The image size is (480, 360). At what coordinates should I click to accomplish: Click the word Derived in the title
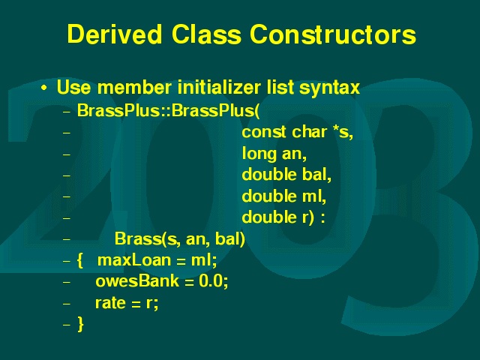(114, 34)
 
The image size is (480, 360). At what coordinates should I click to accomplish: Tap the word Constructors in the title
(333, 34)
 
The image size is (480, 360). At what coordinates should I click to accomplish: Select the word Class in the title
(206, 34)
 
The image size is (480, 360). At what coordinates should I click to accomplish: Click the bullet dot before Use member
(44, 88)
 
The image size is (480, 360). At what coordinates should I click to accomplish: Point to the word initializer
(220, 87)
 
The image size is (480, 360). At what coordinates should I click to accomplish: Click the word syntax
(329, 88)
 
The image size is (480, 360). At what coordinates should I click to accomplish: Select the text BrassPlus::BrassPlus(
(168, 110)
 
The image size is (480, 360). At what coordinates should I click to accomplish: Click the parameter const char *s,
(297, 132)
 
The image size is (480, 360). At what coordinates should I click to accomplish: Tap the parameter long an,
(274, 153)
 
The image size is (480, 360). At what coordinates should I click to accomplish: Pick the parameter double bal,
(286, 175)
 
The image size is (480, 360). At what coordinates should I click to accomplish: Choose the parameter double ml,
(283, 196)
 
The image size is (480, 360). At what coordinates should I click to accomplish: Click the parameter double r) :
(283, 217)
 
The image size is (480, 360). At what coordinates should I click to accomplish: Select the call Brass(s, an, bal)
(180, 238)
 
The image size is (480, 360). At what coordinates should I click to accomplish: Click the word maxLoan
(134, 260)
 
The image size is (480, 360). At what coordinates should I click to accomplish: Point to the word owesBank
(136, 280)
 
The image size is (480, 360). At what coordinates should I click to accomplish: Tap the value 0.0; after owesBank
(213, 281)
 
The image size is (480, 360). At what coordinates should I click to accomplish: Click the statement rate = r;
(127, 303)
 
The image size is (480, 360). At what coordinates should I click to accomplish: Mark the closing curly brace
(80, 325)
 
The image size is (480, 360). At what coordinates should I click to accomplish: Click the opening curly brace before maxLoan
(80, 261)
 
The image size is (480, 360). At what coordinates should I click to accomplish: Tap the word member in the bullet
(134, 87)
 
